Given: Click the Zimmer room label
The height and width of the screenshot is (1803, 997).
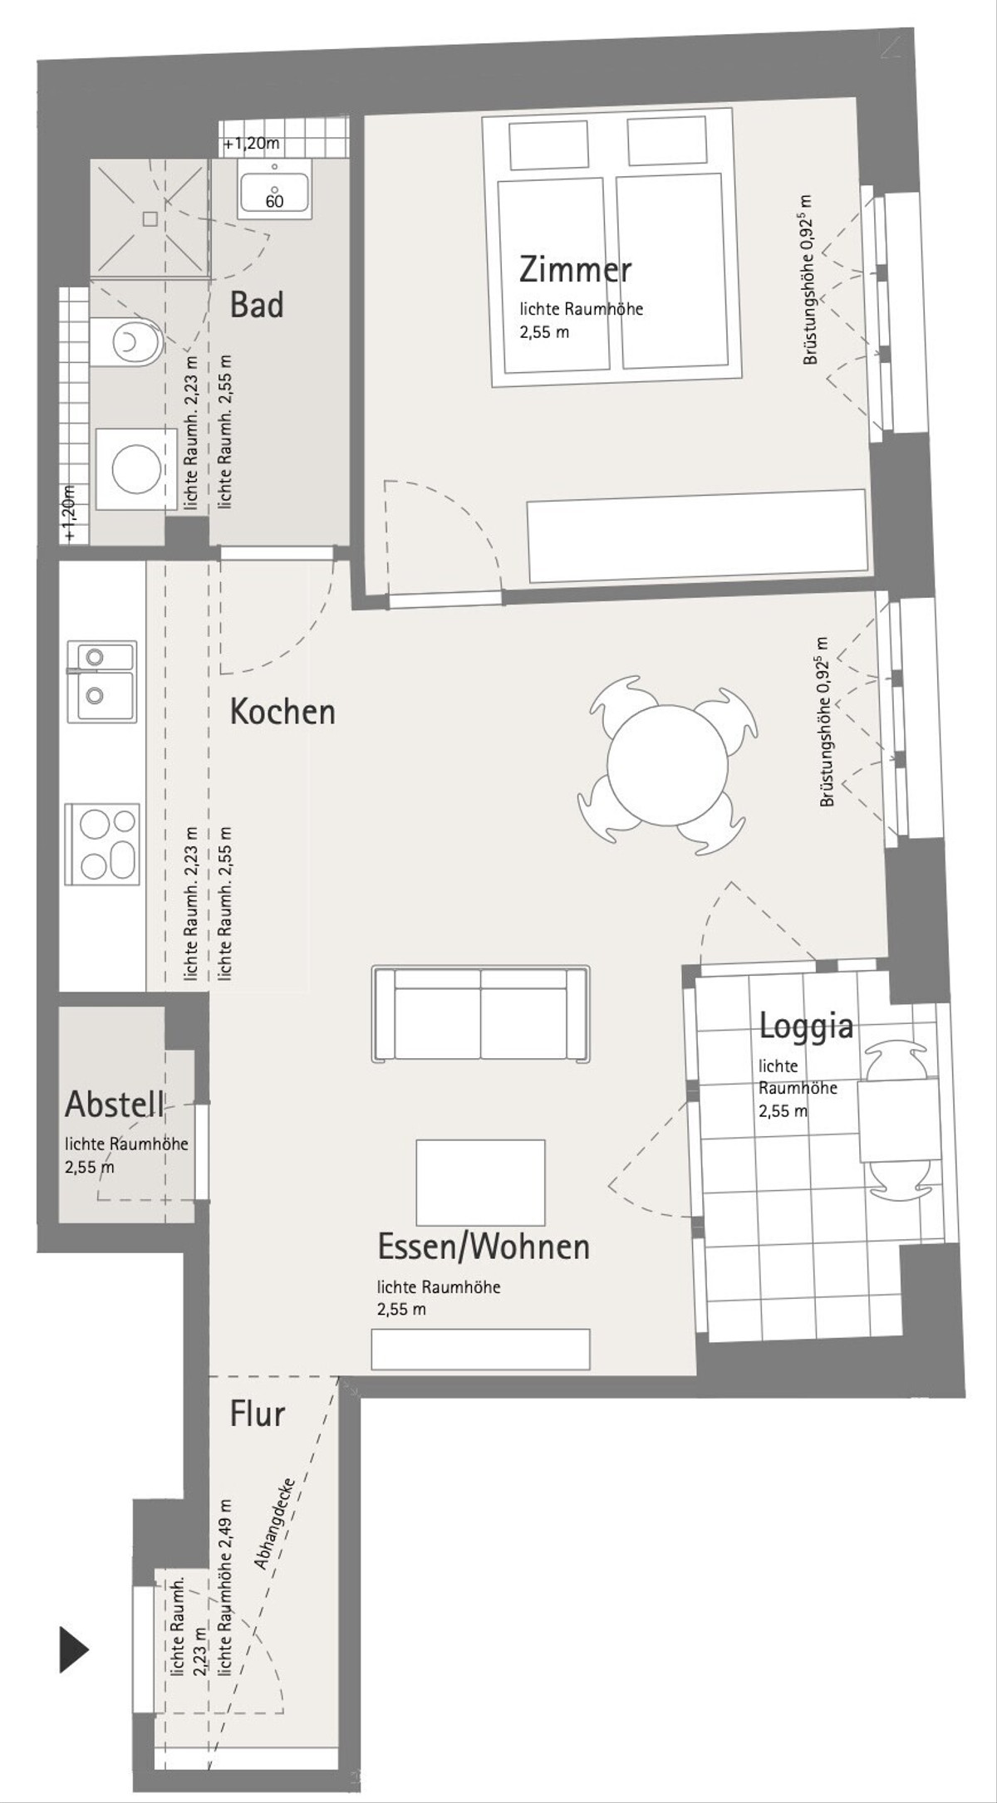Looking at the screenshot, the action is (x=575, y=270).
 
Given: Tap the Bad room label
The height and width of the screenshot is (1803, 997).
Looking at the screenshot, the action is (x=257, y=305).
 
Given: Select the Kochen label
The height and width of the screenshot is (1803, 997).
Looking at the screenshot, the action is (x=282, y=712).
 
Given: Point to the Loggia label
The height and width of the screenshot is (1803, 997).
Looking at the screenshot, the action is (x=806, y=1026).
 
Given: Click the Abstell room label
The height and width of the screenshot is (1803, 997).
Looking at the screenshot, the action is (x=115, y=1105).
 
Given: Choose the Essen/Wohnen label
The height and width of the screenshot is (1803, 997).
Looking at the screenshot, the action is (x=484, y=1247).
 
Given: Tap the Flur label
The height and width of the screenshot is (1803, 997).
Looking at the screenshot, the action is (x=258, y=1413).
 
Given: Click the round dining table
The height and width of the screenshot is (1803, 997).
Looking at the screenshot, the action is (x=668, y=766).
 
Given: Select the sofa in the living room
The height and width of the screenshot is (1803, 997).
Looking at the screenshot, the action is (x=481, y=1014).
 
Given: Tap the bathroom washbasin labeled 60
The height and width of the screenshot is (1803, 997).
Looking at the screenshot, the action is (x=274, y=189).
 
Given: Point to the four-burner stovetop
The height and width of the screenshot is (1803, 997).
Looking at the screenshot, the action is (x=103, y=844).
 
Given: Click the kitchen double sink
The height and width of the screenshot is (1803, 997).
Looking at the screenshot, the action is (x=102, y=682).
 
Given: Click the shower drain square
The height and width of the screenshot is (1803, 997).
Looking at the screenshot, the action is (x=150, y=218).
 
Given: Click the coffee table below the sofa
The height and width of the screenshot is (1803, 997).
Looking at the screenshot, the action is (x=481, y=1183).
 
